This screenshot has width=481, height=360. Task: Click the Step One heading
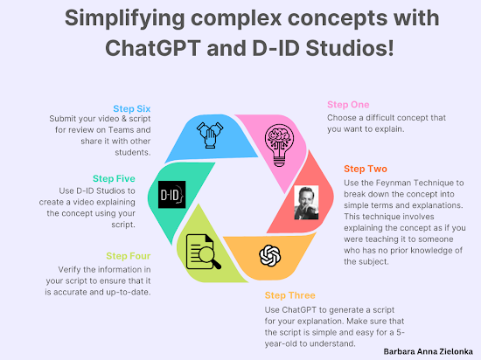(x=348, y=105)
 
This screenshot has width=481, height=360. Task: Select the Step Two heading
(x=366, y=169)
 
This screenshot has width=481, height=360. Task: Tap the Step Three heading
(x=289, y=295)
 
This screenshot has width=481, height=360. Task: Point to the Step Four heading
(x=129, y=256)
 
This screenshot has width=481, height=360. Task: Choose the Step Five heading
(x=114, y=178)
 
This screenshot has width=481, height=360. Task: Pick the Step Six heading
(x=132, y=108)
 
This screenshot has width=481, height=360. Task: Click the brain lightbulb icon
(x=279, y=145)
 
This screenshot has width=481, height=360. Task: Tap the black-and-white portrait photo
(x=306, y=203)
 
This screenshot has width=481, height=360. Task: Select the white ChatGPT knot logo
(x=270, y=256)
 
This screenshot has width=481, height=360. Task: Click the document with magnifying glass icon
(x=203, y=252)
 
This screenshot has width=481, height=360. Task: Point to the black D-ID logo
(x=171, y=195)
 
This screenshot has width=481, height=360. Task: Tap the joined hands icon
(x=210, y=135)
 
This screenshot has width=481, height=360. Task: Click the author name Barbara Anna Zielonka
(x=428, y=351)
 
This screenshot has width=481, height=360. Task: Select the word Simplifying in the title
(x=124, y=18)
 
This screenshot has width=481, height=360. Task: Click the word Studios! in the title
(x=350, y=48)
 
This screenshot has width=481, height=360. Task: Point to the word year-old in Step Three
(x=281, y=343)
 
